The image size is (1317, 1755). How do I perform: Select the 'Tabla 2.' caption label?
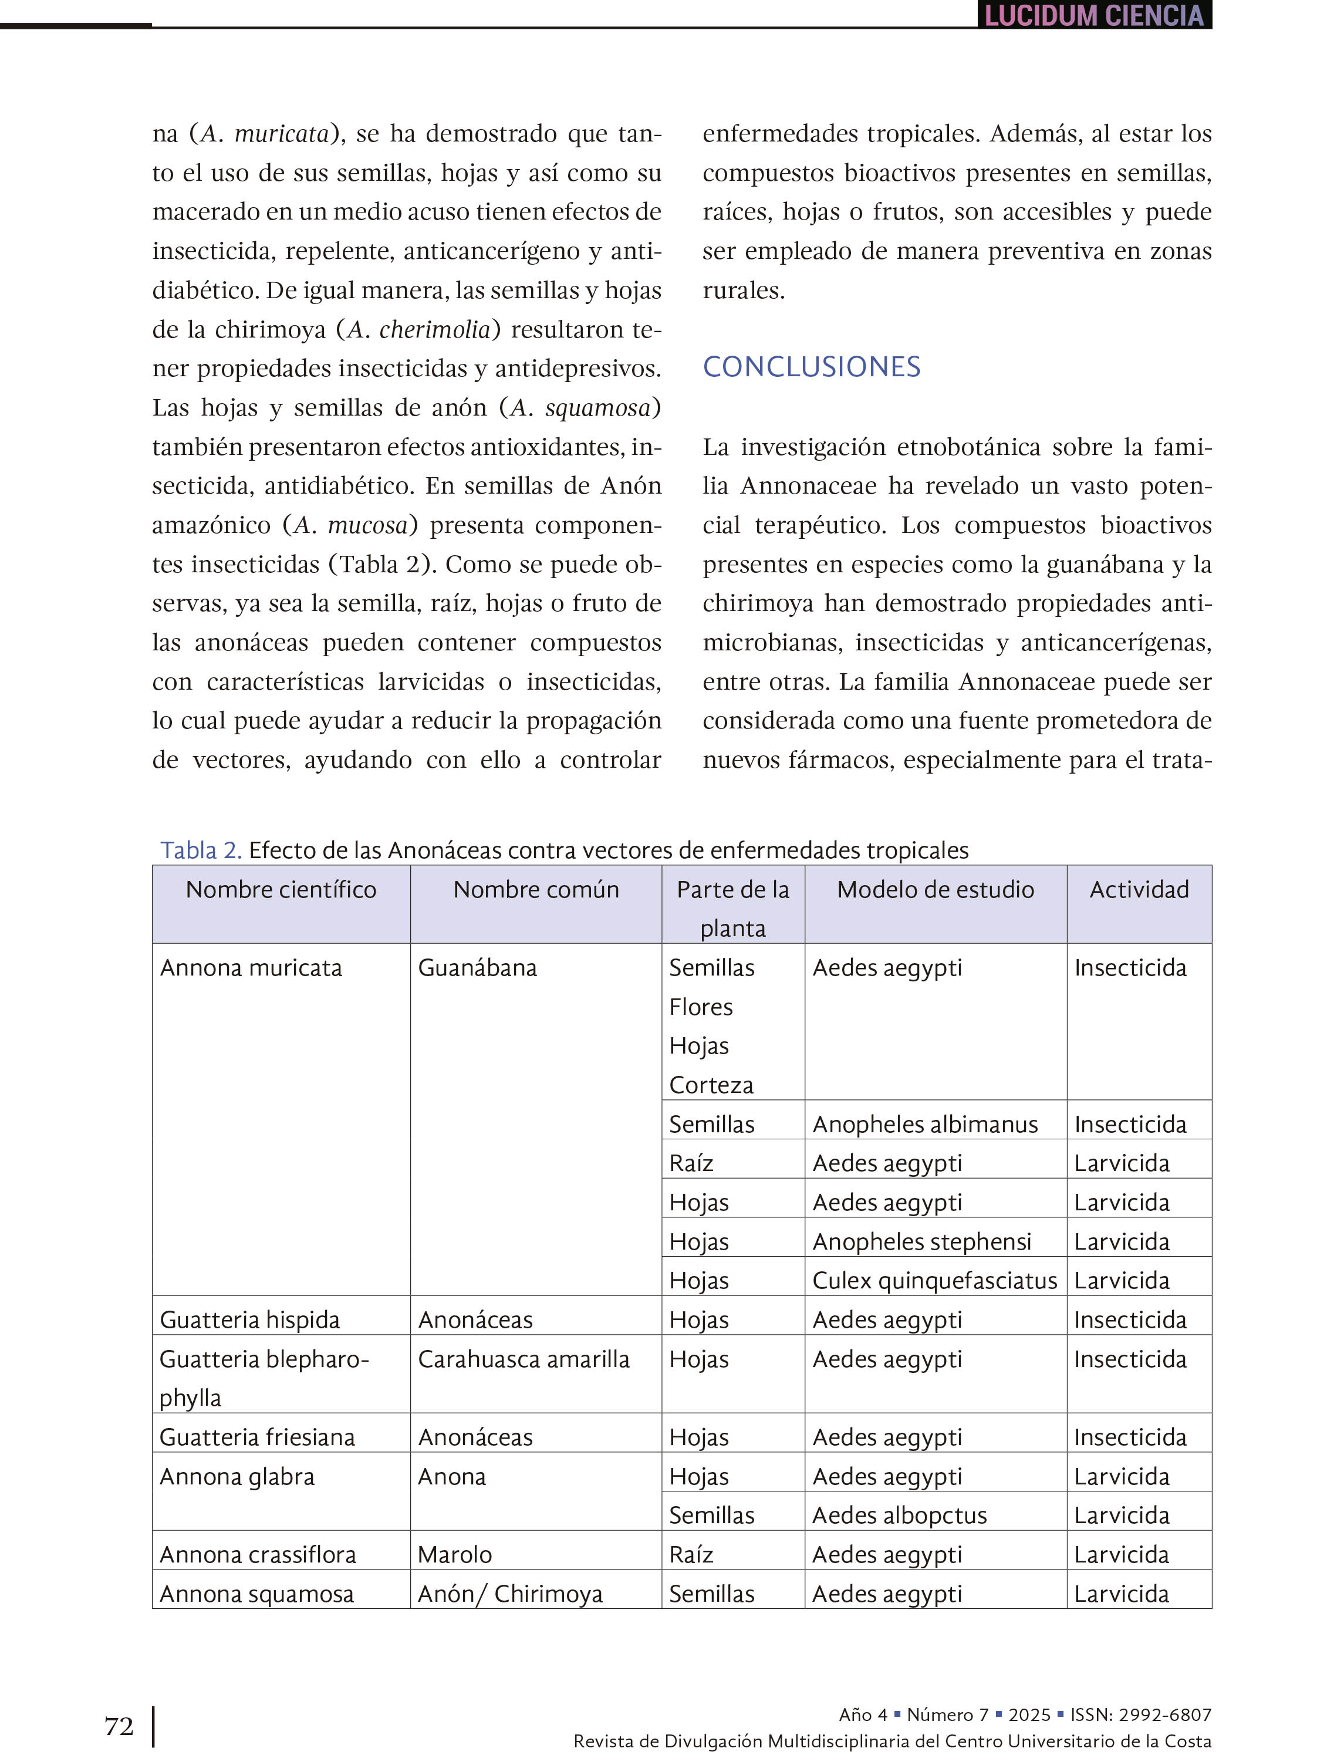point(201,850)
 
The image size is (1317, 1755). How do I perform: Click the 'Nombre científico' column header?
point(281,889)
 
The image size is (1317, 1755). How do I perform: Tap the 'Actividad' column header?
point(1139,889)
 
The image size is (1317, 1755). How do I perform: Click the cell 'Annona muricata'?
point(251,967)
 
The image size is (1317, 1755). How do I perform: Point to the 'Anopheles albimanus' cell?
point(924,1123)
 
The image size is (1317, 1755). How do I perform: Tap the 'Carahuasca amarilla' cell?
point(523,1358)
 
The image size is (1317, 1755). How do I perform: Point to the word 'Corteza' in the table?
point(711,1085)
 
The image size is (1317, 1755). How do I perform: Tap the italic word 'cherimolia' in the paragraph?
point(435,329)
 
